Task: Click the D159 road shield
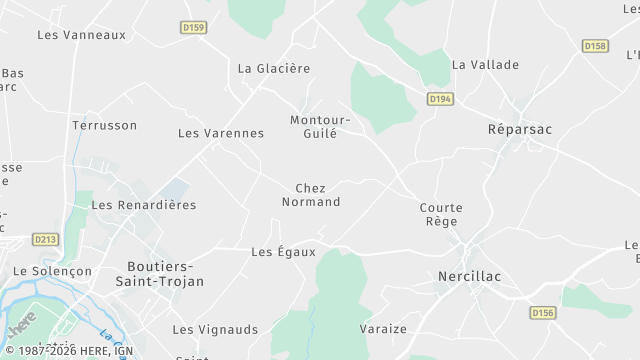point(194,27)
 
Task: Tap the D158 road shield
point(595,46)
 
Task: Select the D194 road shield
point(439,98)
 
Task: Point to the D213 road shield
point(46,239)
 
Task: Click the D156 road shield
point(542,313)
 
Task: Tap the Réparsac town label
point(519,130)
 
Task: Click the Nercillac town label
point(469,276)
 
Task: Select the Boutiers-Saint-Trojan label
point(165,274)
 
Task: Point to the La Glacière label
point(274,68)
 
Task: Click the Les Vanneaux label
point(81,34)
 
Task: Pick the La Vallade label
point(485,64)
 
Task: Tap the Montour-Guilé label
point(320,126)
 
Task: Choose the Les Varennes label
point(221,133)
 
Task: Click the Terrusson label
point(104,125)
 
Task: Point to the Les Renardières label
point(144,204)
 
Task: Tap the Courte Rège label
point(441,214)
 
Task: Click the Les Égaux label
point(283,252)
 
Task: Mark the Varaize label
point(383,328)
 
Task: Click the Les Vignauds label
point(215,329)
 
